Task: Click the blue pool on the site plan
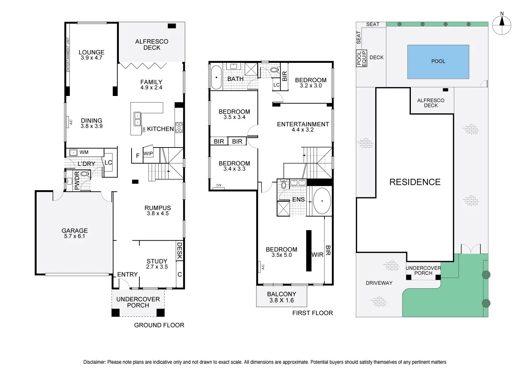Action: tap(438, 61)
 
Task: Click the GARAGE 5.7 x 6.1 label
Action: tap(74, 233)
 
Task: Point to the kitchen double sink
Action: tap(137, 119)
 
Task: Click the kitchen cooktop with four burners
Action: tap(179, 127)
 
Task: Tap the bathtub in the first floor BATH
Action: tap(216, 77)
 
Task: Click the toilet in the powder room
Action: tap(84, 174)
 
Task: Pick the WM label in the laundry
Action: tap(84, 152)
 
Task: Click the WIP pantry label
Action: tap(148, 153)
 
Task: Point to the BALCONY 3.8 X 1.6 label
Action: tap(281, 297)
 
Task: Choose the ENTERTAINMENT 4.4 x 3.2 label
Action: tap(303, 127)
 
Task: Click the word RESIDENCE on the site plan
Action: tap(415, 182)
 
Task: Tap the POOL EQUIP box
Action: tap(361, 58)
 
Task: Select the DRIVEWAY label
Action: tap(379, 283)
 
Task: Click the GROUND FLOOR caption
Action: tap(159, 325)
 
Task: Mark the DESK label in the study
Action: tap(180, 251)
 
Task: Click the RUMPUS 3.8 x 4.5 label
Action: tap(158, 211)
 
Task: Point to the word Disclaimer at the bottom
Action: tap(94, 362)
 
